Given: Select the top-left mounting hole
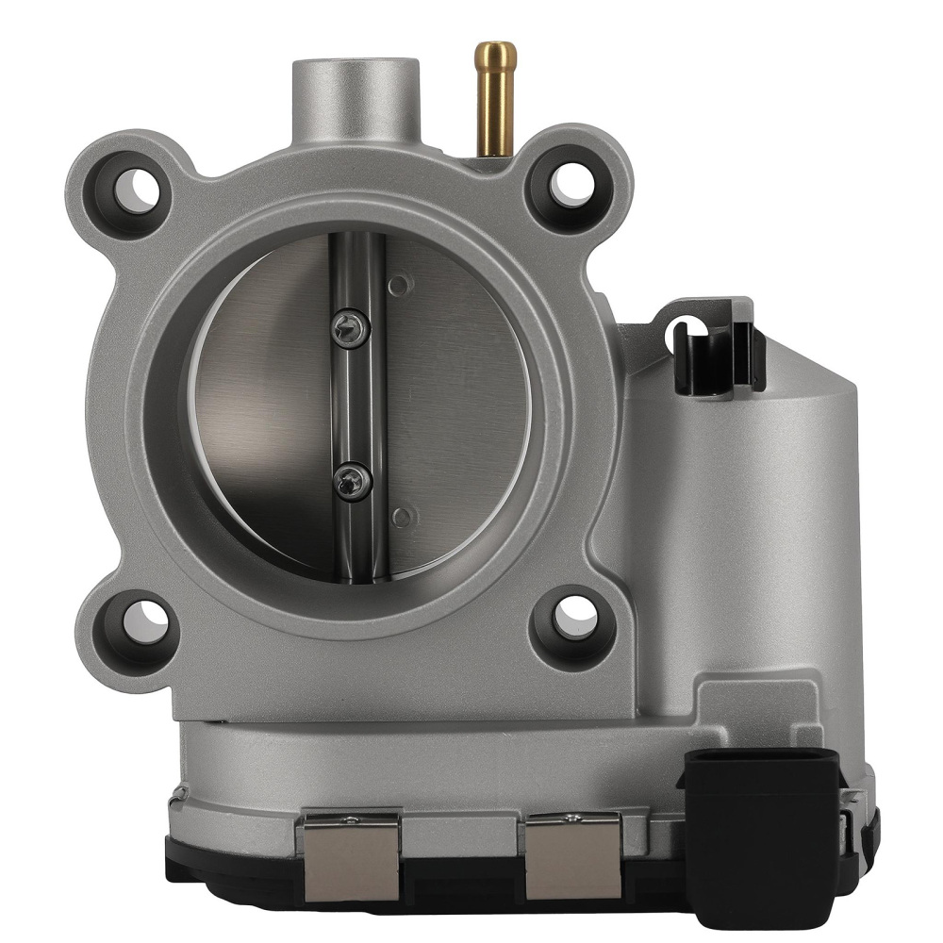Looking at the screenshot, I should click(x=132, y=188).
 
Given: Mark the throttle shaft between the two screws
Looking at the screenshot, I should click(x=356, y=405).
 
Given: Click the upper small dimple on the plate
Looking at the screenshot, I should click(x=399, y=283).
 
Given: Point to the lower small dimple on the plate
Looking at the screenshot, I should click(x=403, y=516).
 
